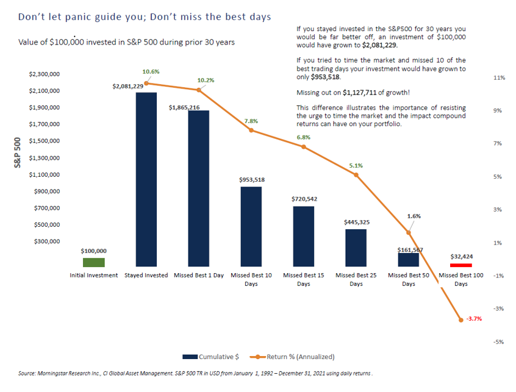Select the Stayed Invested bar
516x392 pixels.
point(146,179)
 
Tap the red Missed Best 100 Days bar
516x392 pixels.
point(461,265)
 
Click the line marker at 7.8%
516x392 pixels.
point(251,130)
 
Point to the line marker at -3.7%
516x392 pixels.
point(461,319)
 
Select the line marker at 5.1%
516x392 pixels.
point(356,175)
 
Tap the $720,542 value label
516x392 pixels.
point(304,199)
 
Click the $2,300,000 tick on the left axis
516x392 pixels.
point(45,74)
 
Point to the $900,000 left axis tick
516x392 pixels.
point(46,191)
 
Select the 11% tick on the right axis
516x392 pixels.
point(498,79)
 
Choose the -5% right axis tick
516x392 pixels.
point(498,342)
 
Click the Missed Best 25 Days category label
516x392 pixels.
point(356,279)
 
